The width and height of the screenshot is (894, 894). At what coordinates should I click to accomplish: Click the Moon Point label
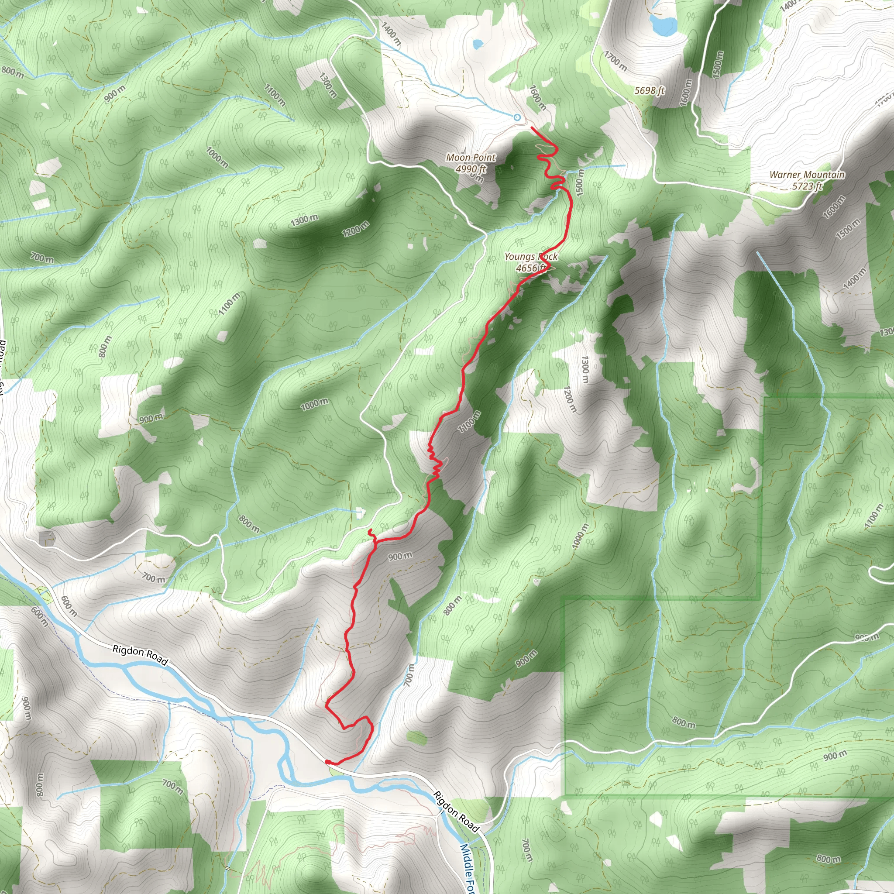click(x=471, y=158)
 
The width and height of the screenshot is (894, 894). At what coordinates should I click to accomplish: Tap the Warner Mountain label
click(x=807, y=175)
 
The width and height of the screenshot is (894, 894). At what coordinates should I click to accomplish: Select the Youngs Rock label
click(x=531, y=257)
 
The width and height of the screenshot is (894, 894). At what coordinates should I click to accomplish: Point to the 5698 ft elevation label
click(x=650, y=90)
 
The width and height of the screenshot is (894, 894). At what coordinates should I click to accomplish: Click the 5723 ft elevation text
click(x=807, y=186)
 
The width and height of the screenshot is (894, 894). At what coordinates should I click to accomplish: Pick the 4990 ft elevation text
click(x=471, y=169)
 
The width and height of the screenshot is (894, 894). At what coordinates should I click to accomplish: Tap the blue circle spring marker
click(x=517, y=117)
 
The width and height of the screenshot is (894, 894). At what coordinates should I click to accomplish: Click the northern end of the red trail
click(x=531, y=127)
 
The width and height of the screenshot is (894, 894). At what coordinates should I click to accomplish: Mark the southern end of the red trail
click(x=327, y=761)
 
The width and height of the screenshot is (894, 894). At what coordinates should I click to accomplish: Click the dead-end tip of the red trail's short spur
click(x=369, y=530)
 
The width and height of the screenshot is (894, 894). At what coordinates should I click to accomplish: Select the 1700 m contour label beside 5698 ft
click(x=615, y=62)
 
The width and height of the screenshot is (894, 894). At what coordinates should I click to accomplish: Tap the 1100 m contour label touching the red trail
click(x=469, y=422)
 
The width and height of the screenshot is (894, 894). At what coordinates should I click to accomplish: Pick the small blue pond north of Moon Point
click(x=478, y=45)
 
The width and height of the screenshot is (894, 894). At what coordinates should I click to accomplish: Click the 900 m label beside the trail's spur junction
click(x=400, y=556)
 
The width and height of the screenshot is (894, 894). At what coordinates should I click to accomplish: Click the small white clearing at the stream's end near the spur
click(x=360, y=513)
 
